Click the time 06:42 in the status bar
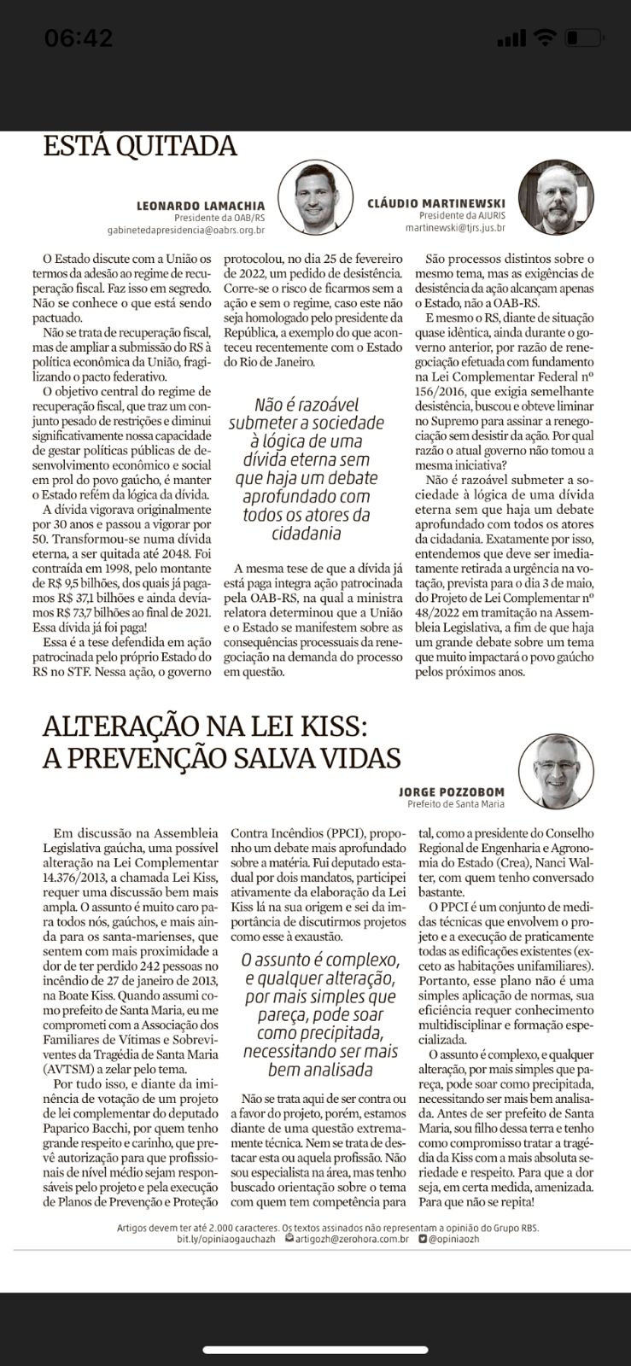pyautogui.click(x=79, y=38)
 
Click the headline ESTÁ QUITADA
pyautogui.click(x=140, y=145)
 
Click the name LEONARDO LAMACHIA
pyautogui.click(x=201, y=206)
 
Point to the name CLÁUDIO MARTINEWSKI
pyautogui.click(x=436, y=204)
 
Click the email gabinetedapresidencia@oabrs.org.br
pyautogui.click(x=185, y=230)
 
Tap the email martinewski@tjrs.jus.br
pyautogui.click(x=455, y=228)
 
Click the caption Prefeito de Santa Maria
pyautogui.click(x=455, y=804)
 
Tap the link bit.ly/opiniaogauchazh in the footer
pyautogui.click(x=226, y=1239)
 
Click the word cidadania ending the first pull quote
pyautogui.click(x=306, y=534)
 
